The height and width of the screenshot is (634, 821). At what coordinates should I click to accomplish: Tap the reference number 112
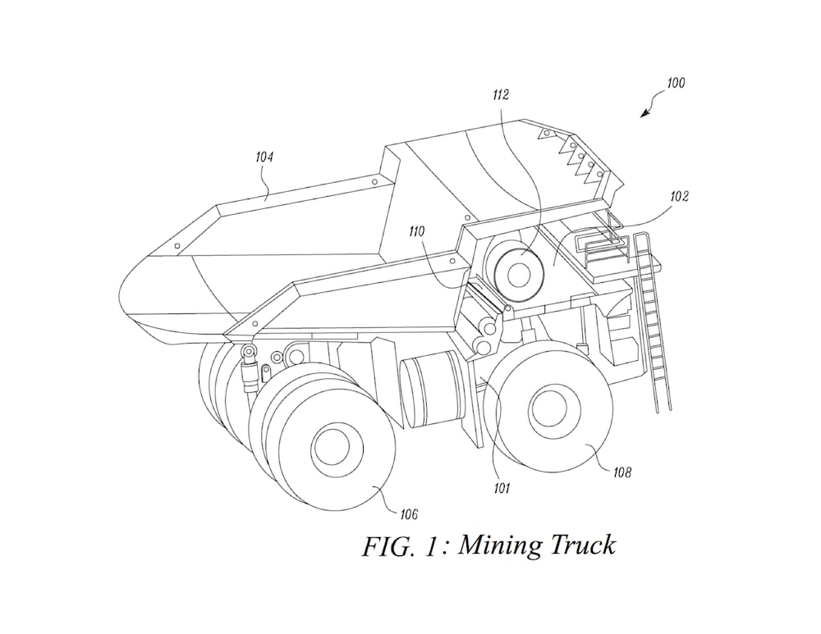(x=500, y=95)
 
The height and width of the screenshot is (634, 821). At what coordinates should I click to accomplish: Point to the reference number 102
(x=679, y=197)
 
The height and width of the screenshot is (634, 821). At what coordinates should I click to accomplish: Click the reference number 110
(x=418, y=232)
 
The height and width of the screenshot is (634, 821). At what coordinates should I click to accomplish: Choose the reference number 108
(x=622, y=472)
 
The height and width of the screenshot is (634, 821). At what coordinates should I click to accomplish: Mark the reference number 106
(x=408, y=514)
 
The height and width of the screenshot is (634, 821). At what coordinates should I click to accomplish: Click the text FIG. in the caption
(x=391, y=545)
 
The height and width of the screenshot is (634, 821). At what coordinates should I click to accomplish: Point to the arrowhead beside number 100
(x=644, y=114)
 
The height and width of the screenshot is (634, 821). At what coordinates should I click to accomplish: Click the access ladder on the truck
(x=655, y=324)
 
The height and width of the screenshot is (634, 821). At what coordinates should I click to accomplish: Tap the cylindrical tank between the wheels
(x=433, y=390)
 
